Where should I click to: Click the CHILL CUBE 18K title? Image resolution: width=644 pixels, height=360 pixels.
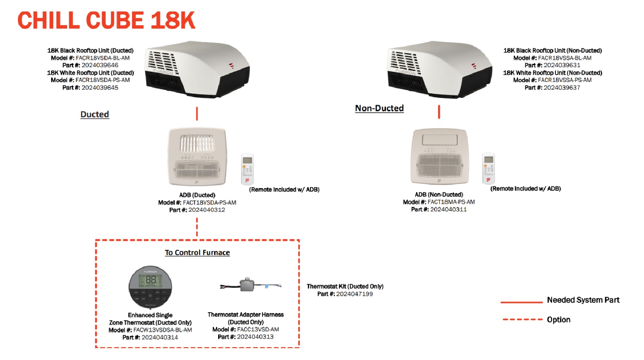tap(106, 20)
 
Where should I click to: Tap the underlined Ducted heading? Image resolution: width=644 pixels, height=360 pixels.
tap(95, 114)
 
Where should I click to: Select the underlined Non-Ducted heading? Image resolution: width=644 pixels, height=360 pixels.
tap(379, 108)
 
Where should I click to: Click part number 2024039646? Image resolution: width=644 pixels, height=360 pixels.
tap(100, 65)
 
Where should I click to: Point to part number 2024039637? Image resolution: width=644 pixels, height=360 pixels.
tap(562, 87)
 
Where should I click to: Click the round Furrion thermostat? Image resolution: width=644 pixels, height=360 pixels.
tap(150, 287)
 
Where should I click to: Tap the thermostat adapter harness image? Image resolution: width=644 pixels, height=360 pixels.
tap(251, 286)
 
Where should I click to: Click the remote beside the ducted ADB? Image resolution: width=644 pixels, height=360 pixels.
tap(247, 169)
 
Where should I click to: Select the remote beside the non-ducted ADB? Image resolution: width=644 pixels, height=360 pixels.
tap(488, 168)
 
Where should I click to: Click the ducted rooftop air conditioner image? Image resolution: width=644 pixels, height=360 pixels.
tap(197, 69)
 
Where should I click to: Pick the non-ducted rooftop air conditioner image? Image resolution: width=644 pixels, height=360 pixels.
tap(440, 69)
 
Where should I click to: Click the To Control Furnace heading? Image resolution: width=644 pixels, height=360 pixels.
tap(197, 253)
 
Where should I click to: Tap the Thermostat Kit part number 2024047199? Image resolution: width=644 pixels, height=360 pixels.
tap(354, 294)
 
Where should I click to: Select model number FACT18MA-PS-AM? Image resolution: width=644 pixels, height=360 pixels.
tap(451, 202)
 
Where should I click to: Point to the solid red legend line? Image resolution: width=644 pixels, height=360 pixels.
tap(521, 302)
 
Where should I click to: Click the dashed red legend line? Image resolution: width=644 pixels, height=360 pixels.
tap(522, 319)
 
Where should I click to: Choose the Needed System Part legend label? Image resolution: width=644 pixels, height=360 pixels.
tap(583, 300)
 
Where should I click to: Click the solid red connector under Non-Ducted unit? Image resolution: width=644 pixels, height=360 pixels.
tap(439, 112)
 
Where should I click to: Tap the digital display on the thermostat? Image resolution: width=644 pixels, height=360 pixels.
tap(150, 281)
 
